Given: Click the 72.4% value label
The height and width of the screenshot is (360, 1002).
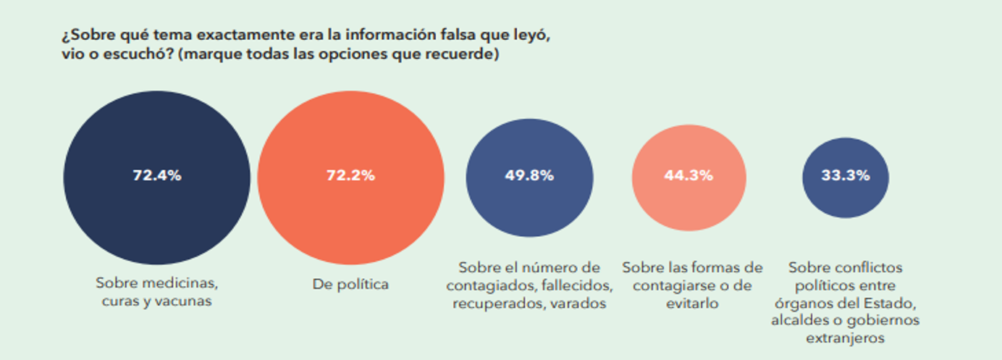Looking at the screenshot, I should tap(156, 175).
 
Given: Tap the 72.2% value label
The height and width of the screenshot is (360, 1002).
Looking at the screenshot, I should tap(350, 175).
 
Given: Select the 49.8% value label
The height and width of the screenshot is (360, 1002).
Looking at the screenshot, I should tap(529, 175).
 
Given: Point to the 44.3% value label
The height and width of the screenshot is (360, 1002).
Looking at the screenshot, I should tap(689, 175).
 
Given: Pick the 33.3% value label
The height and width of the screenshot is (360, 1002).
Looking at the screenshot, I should tap(845, 175).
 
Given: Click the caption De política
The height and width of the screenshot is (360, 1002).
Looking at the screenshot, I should tap(350, 285).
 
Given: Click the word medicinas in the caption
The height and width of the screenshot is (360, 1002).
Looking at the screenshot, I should tap(185, 282).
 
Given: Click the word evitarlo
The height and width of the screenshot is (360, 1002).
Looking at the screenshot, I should tap(691, 304).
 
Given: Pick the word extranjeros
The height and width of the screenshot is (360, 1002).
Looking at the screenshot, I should tap(845, 338).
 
